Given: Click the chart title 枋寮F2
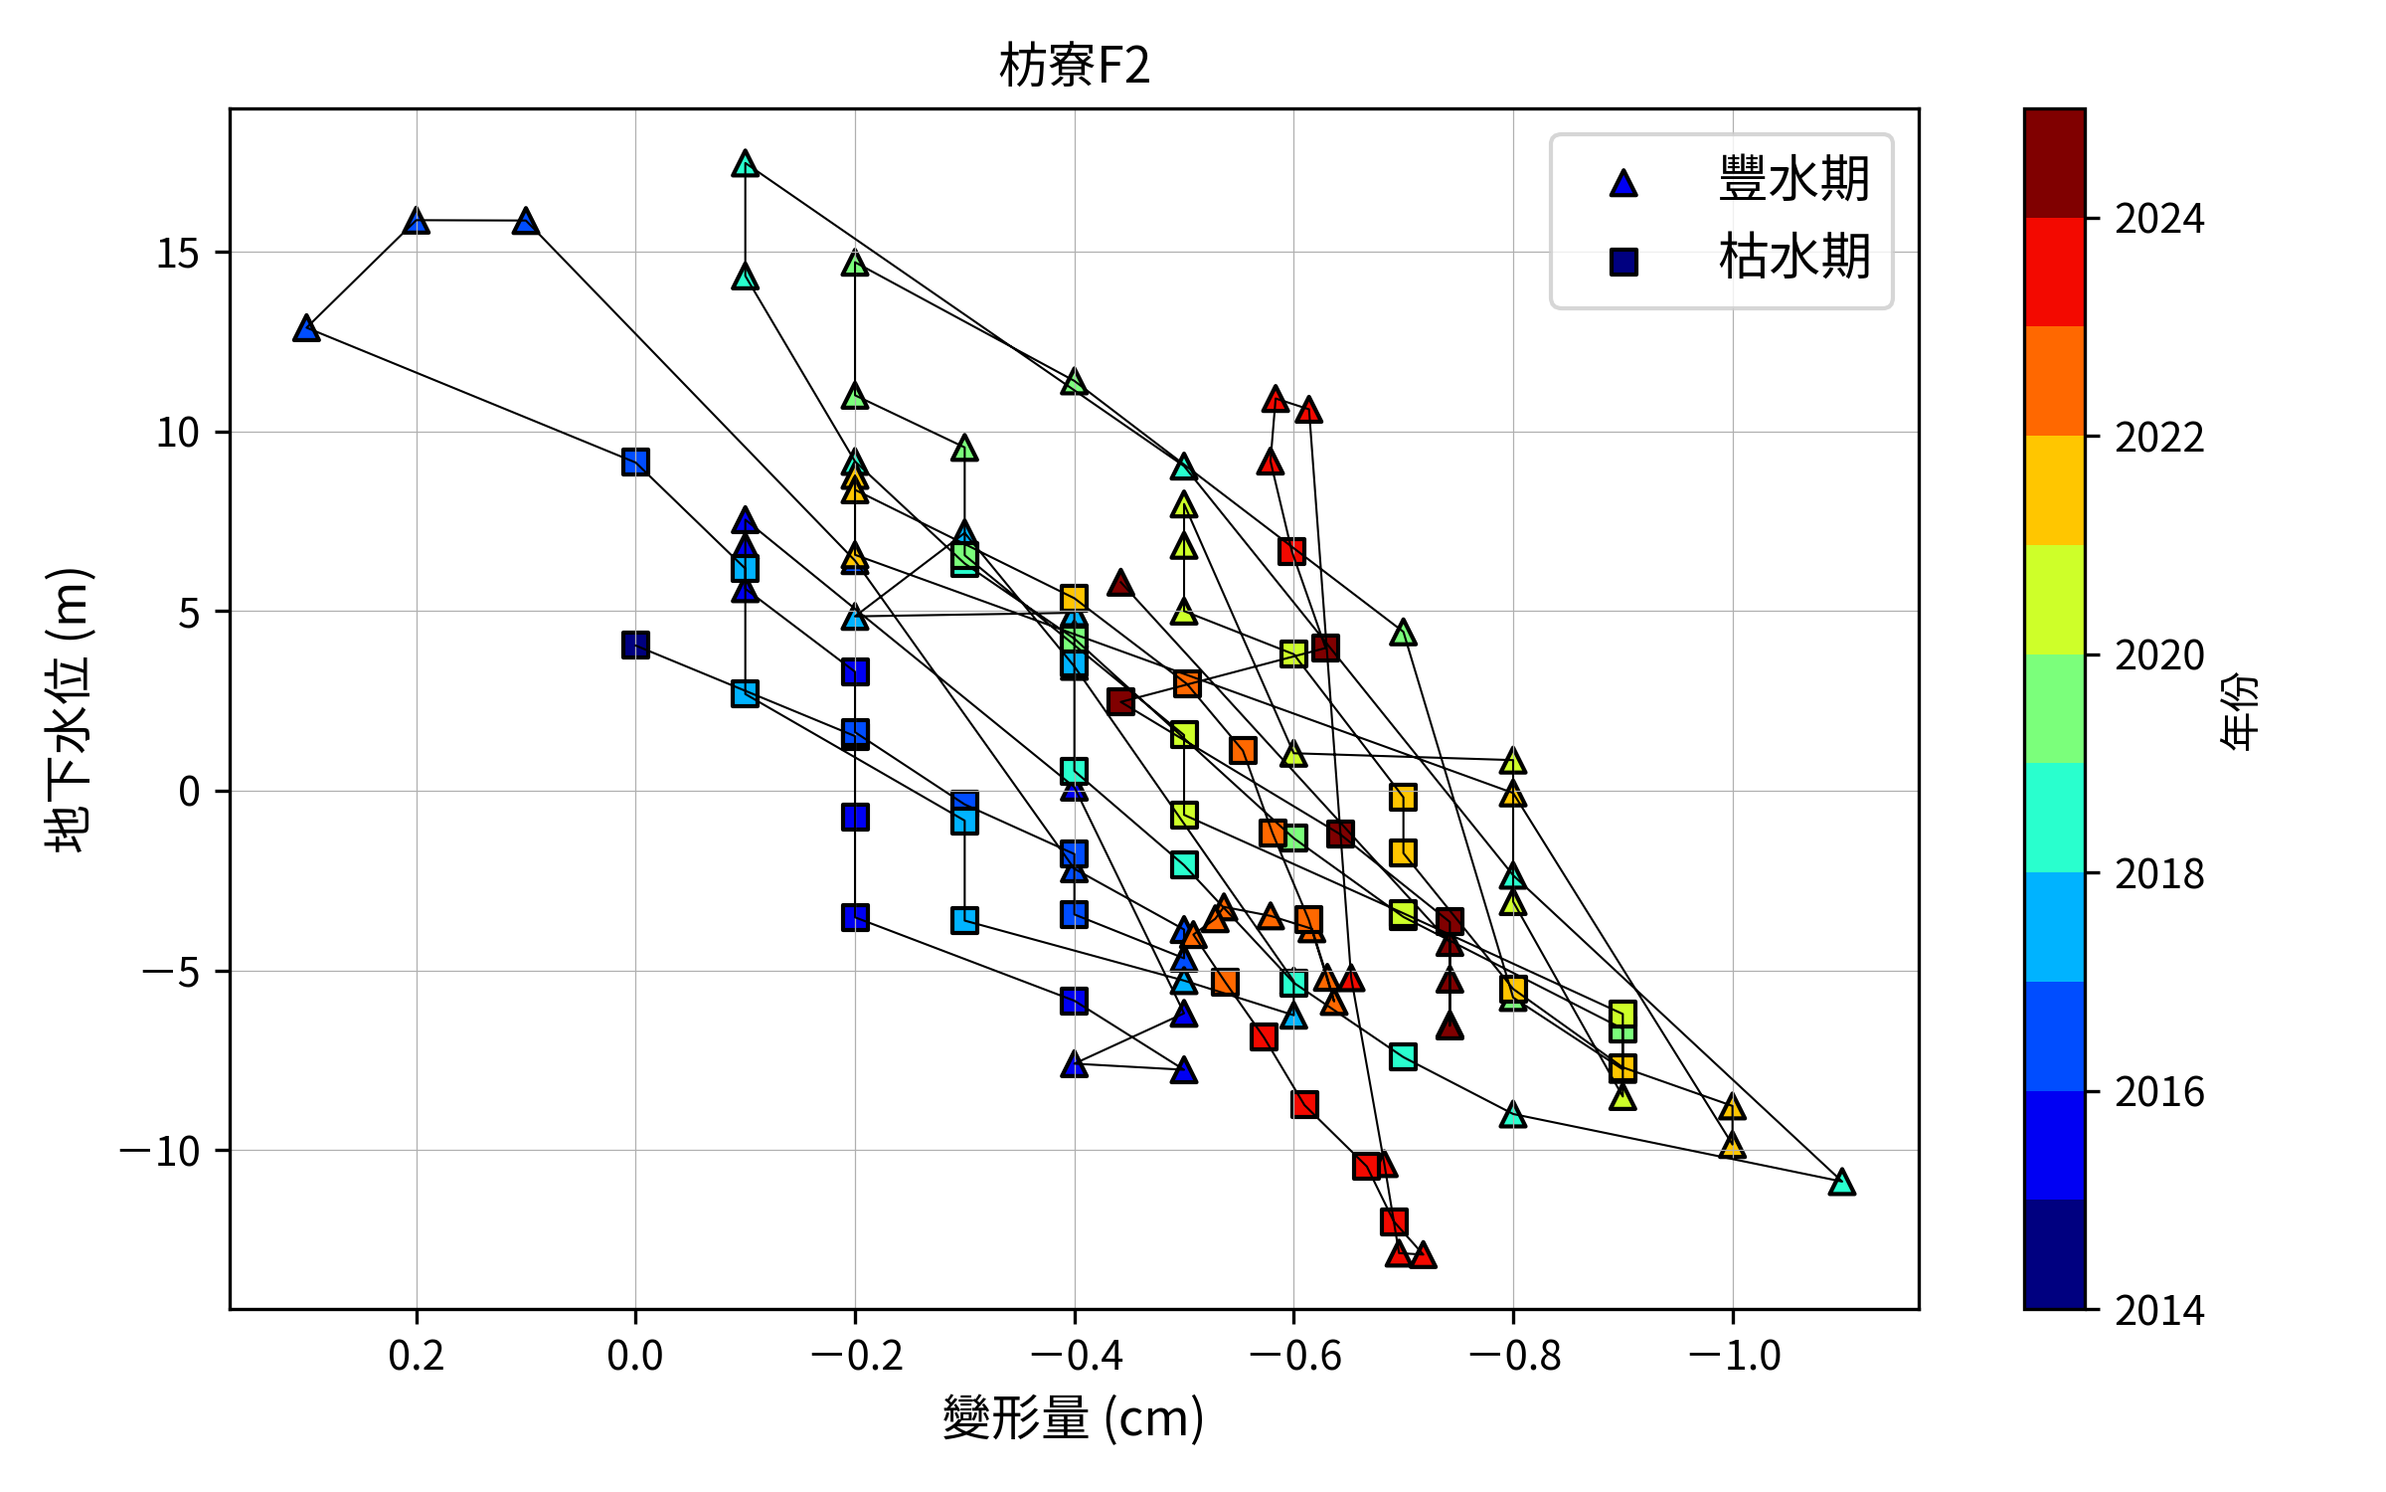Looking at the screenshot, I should [1074, 67].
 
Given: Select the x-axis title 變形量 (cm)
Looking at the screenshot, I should [1074, 1416].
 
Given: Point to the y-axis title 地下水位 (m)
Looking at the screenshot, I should [70, 709].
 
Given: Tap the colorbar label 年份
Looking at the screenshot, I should [2239, 710].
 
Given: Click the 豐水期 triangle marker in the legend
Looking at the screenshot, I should [1623, 183].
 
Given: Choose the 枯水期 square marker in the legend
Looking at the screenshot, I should [1623, 262].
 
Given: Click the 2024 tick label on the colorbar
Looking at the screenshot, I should [2159, 219].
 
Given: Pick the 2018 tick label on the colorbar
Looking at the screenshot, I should [2159, 874].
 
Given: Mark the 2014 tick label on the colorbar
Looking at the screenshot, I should [2159, 1311].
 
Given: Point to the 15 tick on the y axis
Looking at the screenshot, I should [178, 254].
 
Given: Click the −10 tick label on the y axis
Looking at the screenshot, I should [160, 1152].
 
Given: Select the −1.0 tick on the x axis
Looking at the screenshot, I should [1734, 1355].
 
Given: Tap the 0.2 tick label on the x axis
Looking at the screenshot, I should [417, 1355].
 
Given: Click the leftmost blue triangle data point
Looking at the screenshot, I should [306, 328].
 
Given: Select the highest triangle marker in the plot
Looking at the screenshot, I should [746, 164].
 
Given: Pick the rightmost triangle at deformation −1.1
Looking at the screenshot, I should [1842, 1183].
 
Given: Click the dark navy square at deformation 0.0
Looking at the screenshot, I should [635, 646].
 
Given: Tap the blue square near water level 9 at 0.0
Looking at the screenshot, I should [635, 462].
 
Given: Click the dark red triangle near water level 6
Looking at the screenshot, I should [1121, 584].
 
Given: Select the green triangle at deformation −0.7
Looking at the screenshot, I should [1403, 633].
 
